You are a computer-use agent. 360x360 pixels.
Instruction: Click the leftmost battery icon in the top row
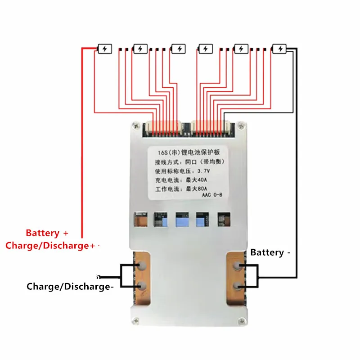point(104,48)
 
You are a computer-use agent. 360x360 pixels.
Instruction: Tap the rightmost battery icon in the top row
point(279,48)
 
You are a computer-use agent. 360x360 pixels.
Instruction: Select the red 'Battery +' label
point(47,233)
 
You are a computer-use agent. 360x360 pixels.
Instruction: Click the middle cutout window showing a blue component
point(181,219)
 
